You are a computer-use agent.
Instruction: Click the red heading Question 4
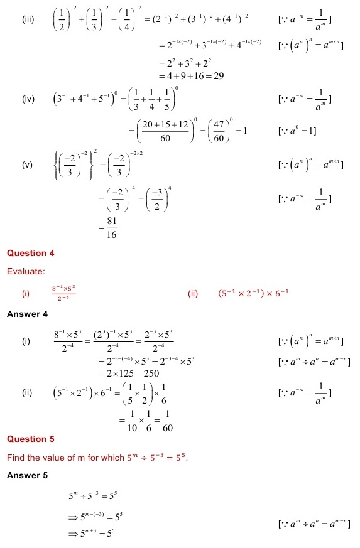click(31, 253)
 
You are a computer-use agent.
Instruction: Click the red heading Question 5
click(31, 439)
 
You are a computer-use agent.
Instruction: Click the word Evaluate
click(26, 271)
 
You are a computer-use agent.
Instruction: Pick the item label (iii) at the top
click(28, 20)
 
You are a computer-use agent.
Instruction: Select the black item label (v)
click(27, 165)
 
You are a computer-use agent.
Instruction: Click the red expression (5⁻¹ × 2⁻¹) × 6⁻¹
click(253, 293)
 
